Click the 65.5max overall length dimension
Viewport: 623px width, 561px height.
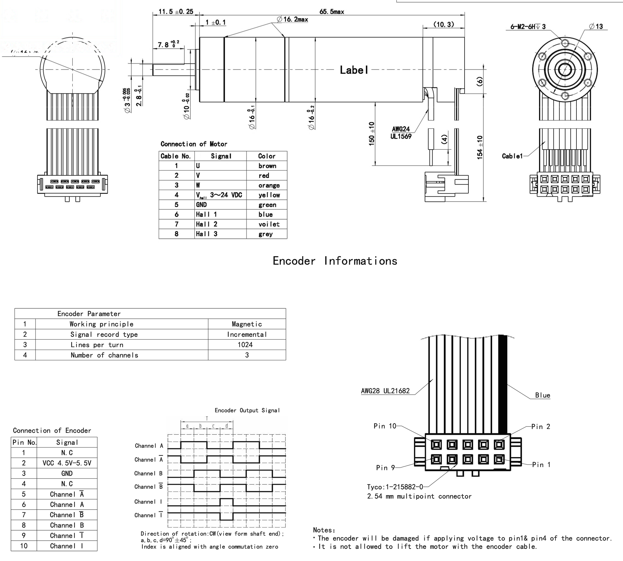(x=332, y=12)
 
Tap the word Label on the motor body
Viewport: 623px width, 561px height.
(x=354, y=70)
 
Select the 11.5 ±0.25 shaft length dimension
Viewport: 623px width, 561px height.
(x=176, y=12)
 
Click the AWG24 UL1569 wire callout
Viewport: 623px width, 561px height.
(x=401, y=133)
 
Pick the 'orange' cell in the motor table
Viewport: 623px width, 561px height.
(x=269, y=185)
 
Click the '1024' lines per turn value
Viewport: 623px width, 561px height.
(x=245, y=345)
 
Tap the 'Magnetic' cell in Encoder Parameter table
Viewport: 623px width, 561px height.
(x=247, y=324)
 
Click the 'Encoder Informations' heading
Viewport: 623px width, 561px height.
(x=335, y=261)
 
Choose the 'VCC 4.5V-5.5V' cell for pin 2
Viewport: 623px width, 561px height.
(x=67, y=463)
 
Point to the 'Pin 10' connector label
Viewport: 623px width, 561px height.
(x=385, y=426)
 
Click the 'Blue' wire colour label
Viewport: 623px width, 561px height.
(x=542, y=395)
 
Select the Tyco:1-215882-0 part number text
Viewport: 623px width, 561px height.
(x=395, y=487)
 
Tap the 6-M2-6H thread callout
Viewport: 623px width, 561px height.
(x=528, y=26)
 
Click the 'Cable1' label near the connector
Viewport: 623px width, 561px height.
(x=512, y=156)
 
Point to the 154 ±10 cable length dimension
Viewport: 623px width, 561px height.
(x=480, y=147)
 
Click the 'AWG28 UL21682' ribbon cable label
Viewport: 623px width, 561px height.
(x=385, y=391)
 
